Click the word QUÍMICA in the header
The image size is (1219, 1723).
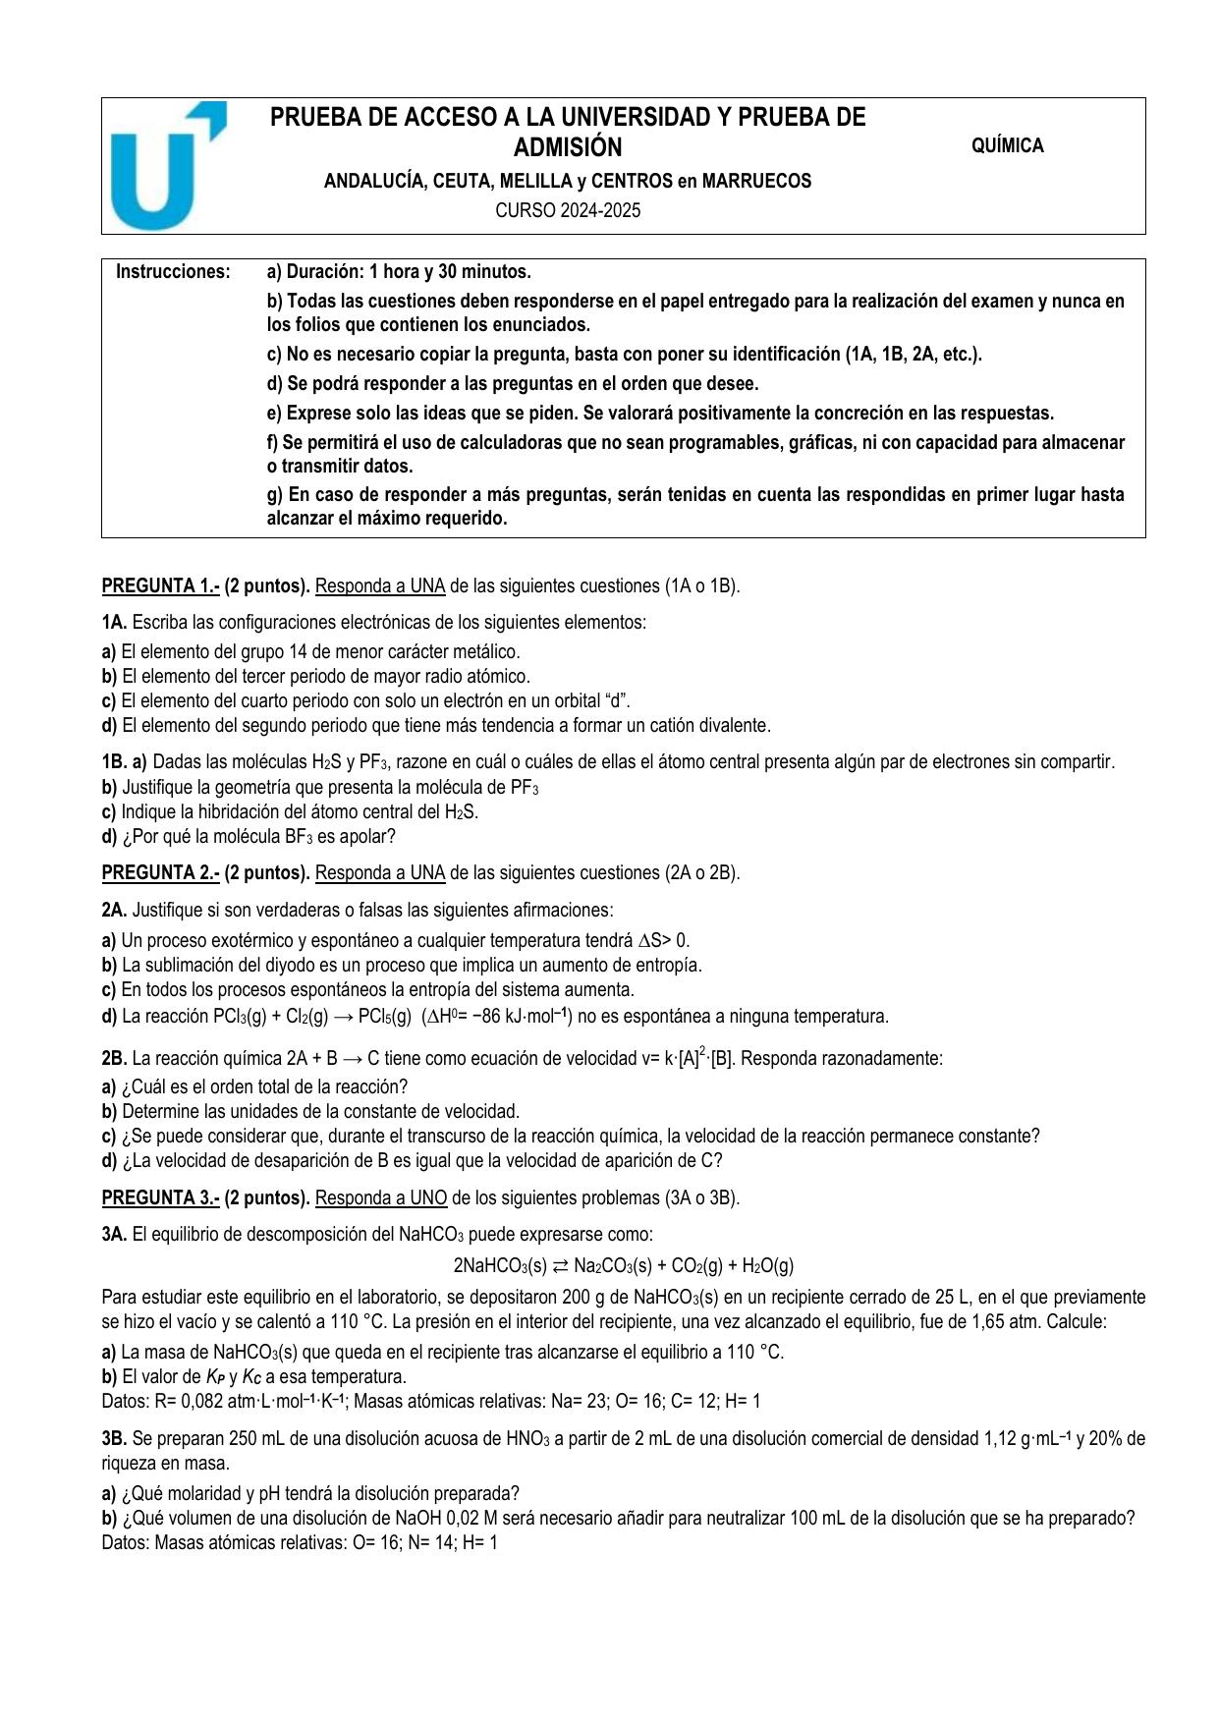tap(1007, 145)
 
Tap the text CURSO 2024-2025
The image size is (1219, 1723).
tap(568, 210)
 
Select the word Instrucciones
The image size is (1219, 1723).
tap(173, 271)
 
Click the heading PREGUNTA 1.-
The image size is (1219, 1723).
tap(160, 585)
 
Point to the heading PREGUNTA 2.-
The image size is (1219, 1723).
tap(160, 872)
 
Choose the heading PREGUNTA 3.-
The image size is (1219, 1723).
tap(160, 1197)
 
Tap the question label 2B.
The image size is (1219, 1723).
tap(114, 1058)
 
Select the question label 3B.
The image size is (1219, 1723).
tap(114, 1438)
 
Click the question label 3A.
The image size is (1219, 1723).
tap(114, 1234)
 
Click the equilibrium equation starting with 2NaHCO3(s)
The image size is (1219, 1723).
tap(623, 1265)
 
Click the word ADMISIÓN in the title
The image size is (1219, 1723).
tap(568, 147)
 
